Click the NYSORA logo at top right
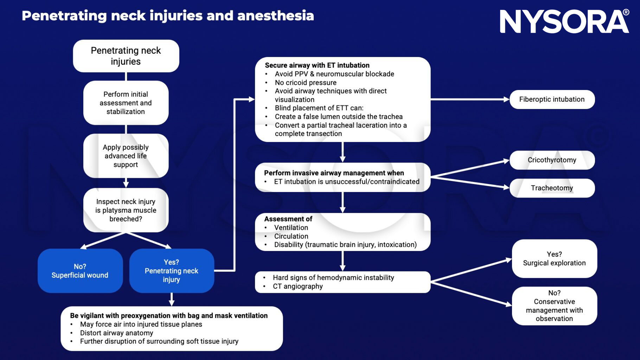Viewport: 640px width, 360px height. [564, 21]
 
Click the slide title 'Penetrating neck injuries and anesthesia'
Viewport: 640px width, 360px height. [168, 16]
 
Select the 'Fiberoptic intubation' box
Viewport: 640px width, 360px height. [552, 99]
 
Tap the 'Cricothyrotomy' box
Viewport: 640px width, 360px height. [552, 160]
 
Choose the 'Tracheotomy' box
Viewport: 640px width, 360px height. [552, 188]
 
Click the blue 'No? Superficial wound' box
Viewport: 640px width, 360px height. [80, 271]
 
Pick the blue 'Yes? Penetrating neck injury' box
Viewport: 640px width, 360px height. [171, 271]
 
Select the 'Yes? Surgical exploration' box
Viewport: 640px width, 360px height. [554, 259]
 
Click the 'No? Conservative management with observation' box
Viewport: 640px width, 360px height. [554, 306]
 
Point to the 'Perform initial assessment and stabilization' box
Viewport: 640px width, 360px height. [126, 103]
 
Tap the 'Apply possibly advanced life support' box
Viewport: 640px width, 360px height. [126, 156]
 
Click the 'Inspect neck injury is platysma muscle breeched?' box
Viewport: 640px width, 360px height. [126, 210]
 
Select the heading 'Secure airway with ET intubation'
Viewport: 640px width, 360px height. [317, 65]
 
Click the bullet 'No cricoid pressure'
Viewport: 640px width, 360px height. [305, 83]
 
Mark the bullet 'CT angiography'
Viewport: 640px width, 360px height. [297, 286]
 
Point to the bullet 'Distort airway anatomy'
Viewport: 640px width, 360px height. [116, 333]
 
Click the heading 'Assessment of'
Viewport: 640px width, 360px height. [288, 219]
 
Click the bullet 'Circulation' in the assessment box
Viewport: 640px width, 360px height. [291, 236]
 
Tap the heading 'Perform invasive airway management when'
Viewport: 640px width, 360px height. [334, 173]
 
